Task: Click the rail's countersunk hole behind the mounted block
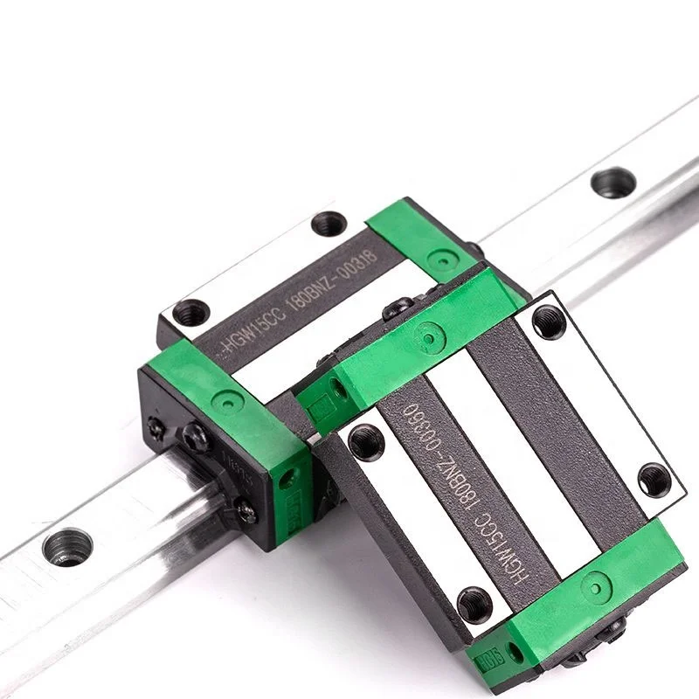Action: (612, 182)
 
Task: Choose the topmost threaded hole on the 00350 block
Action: (549, 321)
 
